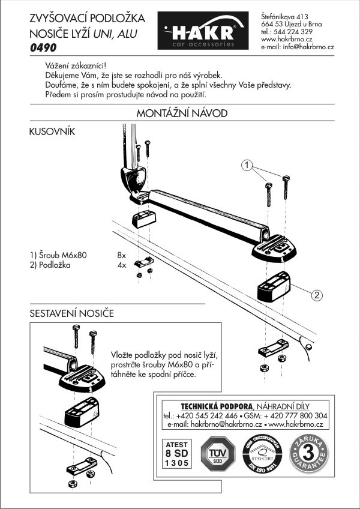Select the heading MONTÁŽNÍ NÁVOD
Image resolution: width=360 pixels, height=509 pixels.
coord(181,113)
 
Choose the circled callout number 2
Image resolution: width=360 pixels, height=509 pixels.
coord(317,294)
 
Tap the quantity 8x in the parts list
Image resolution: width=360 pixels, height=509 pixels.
coord(122,255)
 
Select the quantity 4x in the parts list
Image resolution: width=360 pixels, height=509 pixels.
coord(122,264)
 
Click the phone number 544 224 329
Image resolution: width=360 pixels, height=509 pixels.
coord(295,32)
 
